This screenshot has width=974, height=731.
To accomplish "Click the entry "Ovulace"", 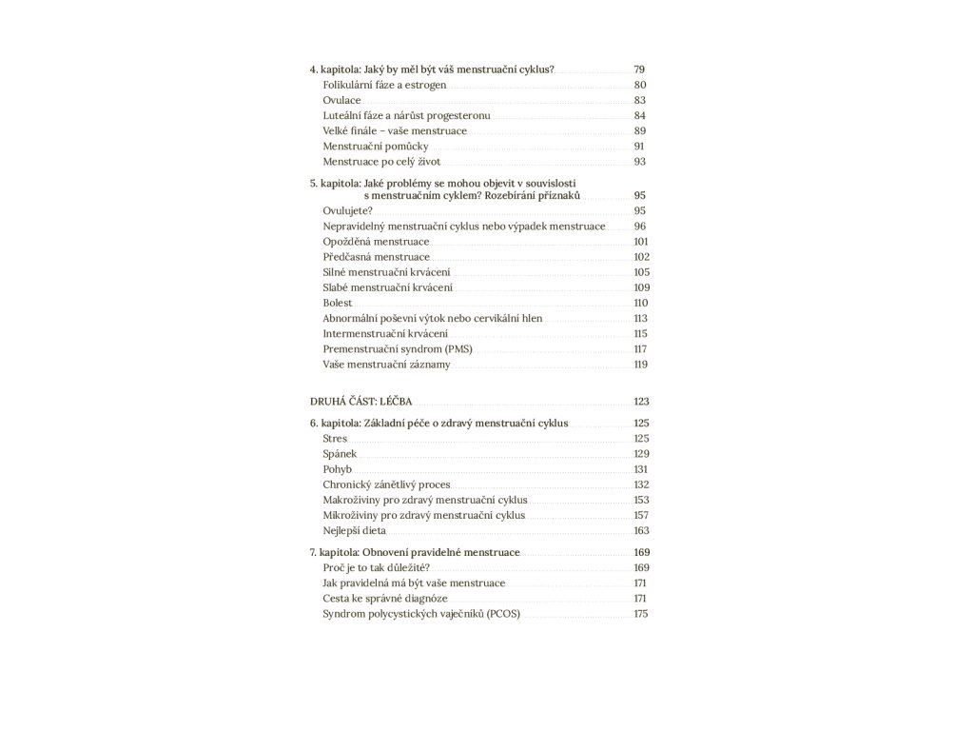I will pos(341,100).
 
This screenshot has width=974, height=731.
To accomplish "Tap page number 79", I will pos(639,69).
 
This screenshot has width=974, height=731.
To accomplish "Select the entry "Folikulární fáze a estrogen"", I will pos(384,85).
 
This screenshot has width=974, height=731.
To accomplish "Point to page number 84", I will pos(639,115).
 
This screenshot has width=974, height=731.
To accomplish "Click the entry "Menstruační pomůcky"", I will pos(376,146).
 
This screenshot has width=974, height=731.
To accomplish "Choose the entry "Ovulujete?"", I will pos(347,210).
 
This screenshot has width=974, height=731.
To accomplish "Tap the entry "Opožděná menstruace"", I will pos(376,242).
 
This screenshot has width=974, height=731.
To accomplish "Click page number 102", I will pos(640,257).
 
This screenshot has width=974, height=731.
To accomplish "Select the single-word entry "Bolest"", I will pos(338,303).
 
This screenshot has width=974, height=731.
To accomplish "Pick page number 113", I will pos(640,318).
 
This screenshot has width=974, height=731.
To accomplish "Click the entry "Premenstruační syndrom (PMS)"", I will pos(398,348).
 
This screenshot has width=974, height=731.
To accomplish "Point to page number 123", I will pos(640,401).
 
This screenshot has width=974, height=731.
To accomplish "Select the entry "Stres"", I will pos(335,439).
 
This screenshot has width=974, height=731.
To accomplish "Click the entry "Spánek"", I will pos(340,454).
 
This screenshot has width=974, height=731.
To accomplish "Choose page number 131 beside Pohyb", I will pos(640,469).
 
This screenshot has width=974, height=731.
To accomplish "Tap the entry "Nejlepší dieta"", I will pos(354,530).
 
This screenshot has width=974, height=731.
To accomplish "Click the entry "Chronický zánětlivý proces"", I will pos(386,484).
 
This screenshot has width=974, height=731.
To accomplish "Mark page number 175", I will pos(640,614).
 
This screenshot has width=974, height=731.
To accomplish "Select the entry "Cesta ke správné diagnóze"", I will pos(385,599).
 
